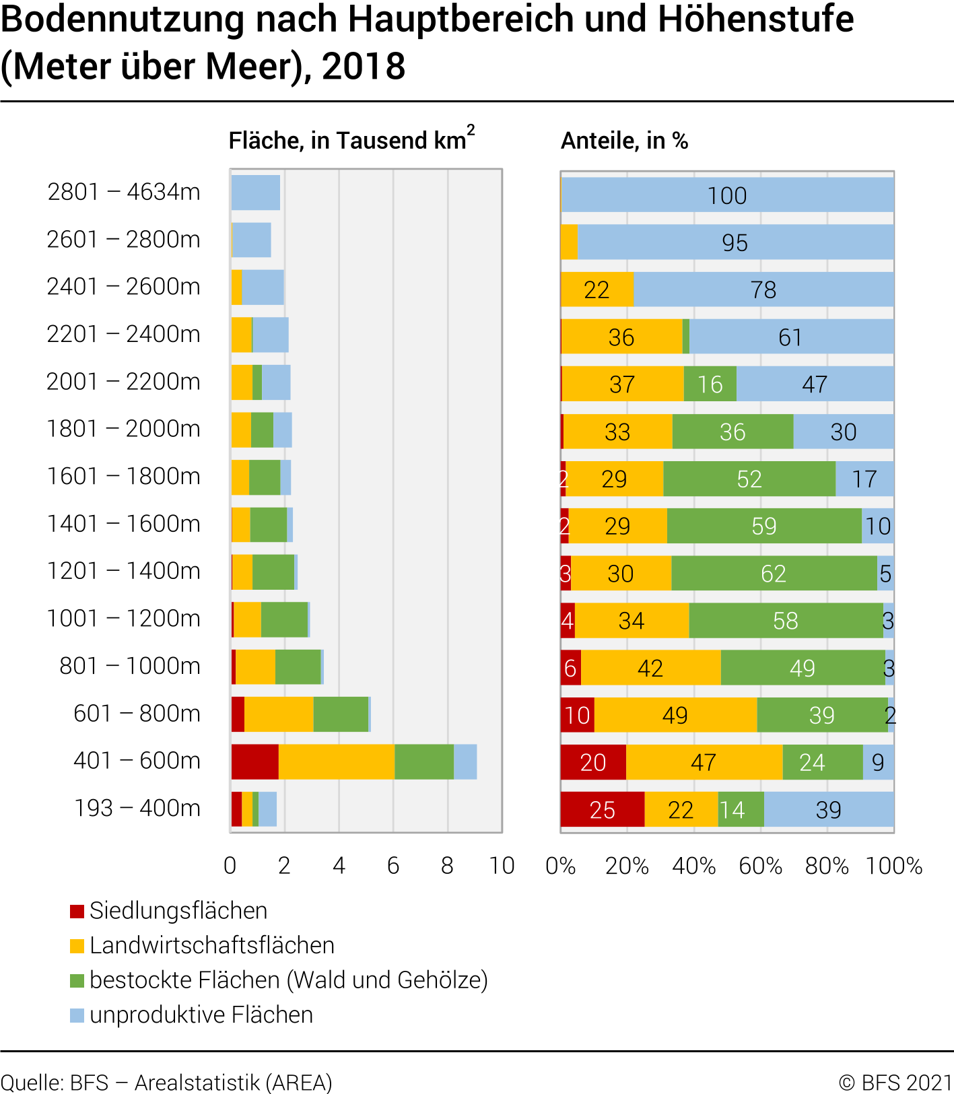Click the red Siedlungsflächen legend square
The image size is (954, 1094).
[77, 912]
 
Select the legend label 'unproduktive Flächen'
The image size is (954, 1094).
[201, 1015]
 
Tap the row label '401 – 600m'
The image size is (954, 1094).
[137, 761]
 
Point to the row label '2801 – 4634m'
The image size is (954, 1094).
[124, 192]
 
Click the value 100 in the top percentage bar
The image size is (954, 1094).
[727, 196]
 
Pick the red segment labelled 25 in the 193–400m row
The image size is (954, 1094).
[602, 809]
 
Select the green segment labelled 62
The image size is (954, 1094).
[774, 574]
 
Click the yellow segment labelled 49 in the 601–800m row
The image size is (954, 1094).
[675, 715]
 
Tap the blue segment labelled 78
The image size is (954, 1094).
[763, 289]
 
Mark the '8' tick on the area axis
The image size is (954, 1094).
[448, 866]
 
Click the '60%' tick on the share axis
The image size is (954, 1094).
[760, 866]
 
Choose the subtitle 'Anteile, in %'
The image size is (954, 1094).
[624, 141]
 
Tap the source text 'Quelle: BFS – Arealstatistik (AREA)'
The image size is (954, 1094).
[166, 1083]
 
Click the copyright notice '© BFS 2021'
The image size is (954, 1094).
[895, 1083]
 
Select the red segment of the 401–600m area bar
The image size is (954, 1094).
[254, 761]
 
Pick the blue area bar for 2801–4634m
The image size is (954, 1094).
[255, 193]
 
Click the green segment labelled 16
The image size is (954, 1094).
[710, 384]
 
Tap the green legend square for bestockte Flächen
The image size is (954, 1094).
[77, 980]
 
